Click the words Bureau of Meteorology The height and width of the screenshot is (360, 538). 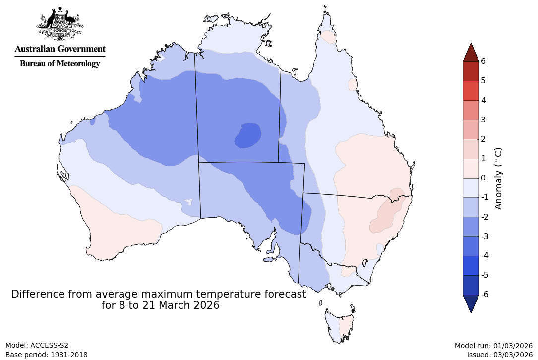click(x=60, y=63)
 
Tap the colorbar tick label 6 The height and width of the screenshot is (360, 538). click(x=483, y=61)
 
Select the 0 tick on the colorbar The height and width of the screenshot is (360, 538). click(x=483, y=178)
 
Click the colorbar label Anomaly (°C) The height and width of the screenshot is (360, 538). click(x=498, y=178)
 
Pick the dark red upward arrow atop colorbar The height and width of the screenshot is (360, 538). click(x=470, y=53)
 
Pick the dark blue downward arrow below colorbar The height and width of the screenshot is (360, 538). click(x=470, y=303)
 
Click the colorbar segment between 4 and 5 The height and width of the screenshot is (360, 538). click(x=470, y=90)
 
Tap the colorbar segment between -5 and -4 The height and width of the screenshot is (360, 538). click(x=470, y=265)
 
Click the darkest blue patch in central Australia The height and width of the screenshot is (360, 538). click(x=248, y=135)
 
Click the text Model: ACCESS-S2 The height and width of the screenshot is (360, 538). click(x=37, y=345)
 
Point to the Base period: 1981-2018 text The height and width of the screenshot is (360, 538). click(x=46, y=355)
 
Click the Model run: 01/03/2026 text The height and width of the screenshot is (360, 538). click(x=493, y=345)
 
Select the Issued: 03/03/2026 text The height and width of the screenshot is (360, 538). click(x=499, y=355)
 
